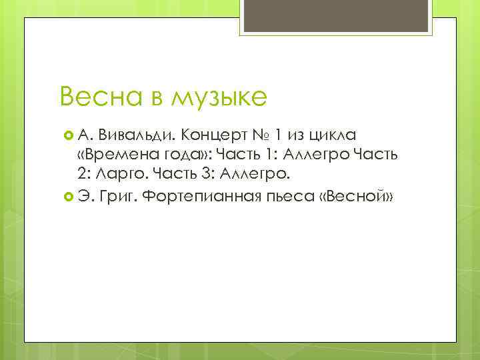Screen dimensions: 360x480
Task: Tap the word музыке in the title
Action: tap(219, 98)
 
